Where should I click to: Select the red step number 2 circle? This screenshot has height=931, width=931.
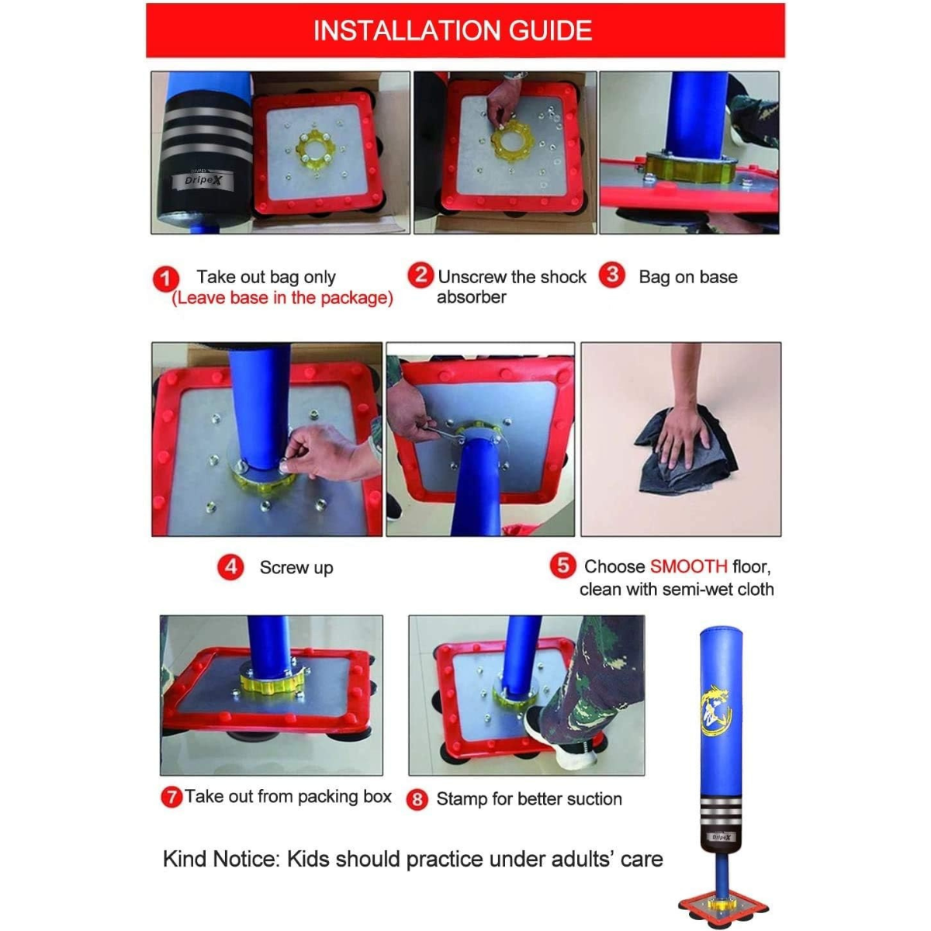pyautogui.click(x=421, y=275)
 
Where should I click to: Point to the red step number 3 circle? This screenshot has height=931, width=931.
pyautogui.click(x=612, y=275)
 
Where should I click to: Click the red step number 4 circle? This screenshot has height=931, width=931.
pyautogui.click(x=230, y=567)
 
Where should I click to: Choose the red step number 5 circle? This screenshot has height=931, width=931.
pyautogui.click(x=562, y=565)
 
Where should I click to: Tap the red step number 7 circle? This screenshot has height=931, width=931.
pyautogui.click(x=171, y=797)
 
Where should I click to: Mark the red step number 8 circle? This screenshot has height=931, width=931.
pyautogui.click(x=417, y=799)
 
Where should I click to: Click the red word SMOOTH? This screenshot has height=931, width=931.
pyautogui.click(x=688, y=566)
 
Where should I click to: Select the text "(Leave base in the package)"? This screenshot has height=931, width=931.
pyautogui.click(x=282, y=298)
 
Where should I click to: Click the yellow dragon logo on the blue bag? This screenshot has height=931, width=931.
pyautogui.click(x=715, y=708)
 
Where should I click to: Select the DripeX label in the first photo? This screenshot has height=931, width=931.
pyautogui.click(x=202, y=180)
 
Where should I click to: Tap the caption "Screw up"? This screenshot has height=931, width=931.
pyautogui.click(x=296, y=568)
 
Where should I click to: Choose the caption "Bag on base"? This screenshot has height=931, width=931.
pyautogui.click(x=687, y=277)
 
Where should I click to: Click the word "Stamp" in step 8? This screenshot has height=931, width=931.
pyautogui.click(x=462, y=799)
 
